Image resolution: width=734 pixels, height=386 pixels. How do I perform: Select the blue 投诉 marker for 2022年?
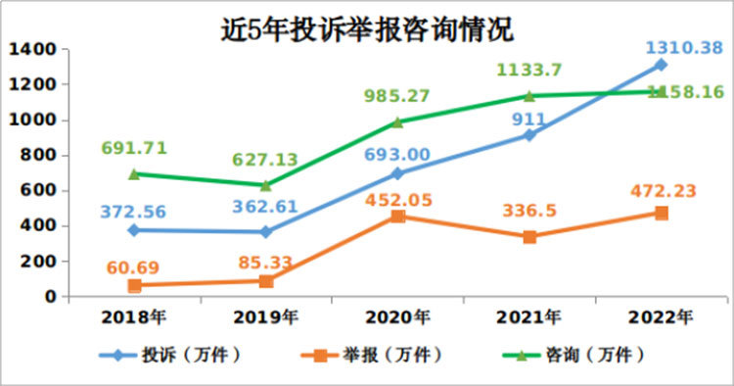(x=661, y=65)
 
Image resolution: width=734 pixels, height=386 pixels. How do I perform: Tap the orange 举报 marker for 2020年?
(x=397, y=216)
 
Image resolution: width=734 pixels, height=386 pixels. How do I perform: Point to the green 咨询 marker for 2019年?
(x=265, y=184)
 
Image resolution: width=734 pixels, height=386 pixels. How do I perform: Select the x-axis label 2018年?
(x=134, y=316)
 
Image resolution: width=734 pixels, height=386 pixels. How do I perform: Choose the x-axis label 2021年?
(x=528, y=316)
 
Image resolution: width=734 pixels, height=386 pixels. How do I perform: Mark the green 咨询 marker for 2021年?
(x=528, y=96)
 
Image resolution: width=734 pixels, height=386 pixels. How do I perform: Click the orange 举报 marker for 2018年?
(x=134, y=285)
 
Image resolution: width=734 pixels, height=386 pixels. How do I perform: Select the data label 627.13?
(x=265, y=160)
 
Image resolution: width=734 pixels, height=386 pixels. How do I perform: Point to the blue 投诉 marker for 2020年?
(x=397, y=173)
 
